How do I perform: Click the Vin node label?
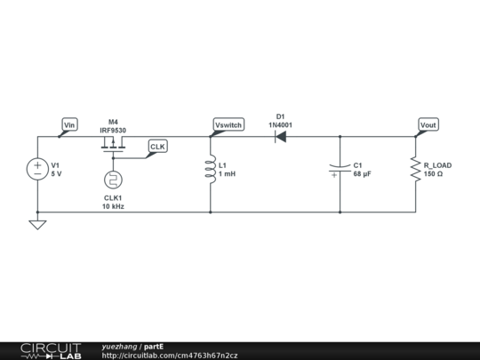pyautogui.click(x=68, y=125)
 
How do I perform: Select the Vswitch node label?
pyautogui.click(x=228, y=125)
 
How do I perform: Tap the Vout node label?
pyautogui.click(x=428, y=125)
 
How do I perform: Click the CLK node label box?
pyautogui.click(x=157, y=146)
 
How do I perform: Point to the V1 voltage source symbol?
pyautogui.click(x=37, y=169)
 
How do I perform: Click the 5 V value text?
pyautogui.click(x=56, y=174)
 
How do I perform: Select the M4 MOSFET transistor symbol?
pyautogui.click(x=113, y=141)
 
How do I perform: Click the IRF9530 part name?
pyautogui.click(x=113, y=130)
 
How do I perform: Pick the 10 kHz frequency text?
pyautogui.click(x=113, y=206)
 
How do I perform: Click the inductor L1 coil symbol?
pyautogui.click(x=211, y=169)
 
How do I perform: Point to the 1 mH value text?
pyautogui.click(x=228, y=174)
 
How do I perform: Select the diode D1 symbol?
pyautogui.click(x=280, y=137)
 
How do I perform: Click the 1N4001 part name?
pyautogui.click(x=280, y=125)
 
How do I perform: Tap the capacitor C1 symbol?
pyautogui.click(x=340, y=169)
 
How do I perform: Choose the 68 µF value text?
pyautogui.click(x=362, y=174)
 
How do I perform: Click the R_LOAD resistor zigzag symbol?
pyautogui.click(x=416, y=169)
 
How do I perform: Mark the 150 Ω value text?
pyautogui.click(x=434, y=174)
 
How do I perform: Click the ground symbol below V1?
pyautogui.click(x=37, y=224)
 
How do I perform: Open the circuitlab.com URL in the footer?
pyautogui.click(x=170, y=356)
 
